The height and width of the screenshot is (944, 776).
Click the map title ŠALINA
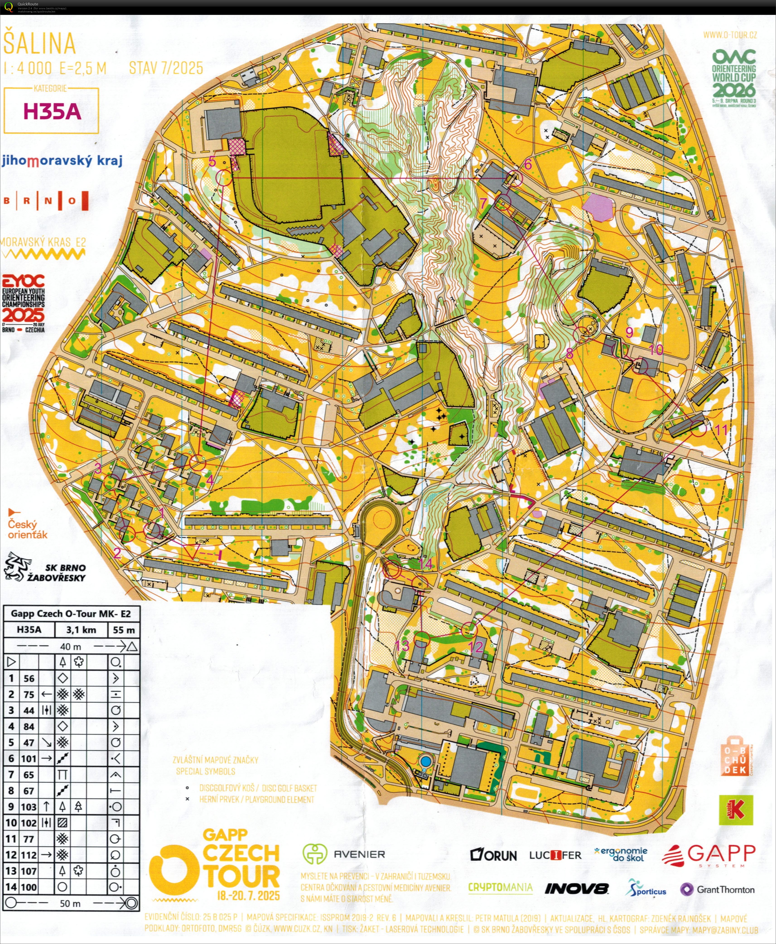click(x=39, y=43)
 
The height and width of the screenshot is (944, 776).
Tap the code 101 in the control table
click(x=29, y=758)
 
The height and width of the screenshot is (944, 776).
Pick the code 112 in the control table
click(x=29, y=855)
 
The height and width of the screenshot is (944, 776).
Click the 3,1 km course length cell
click(x=81, y=630)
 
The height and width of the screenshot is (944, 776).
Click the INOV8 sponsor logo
click(x=576, y=889)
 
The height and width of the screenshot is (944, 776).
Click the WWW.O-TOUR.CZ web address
click(x=730, y=35)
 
